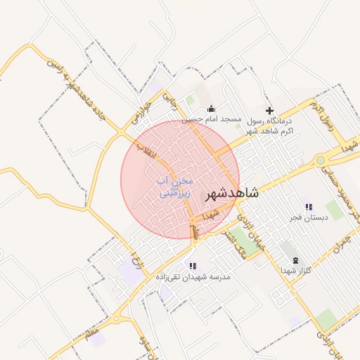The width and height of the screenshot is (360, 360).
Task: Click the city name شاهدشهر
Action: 231,193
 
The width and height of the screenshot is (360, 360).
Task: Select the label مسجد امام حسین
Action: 212,120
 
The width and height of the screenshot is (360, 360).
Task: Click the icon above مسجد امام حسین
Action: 212,108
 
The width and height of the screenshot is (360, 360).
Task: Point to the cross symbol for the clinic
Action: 269,110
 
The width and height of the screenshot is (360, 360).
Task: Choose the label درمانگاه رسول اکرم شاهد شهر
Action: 268,126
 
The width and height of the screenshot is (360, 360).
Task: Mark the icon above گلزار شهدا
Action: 295,259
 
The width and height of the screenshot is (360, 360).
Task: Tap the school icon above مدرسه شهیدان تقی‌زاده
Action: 192,266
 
